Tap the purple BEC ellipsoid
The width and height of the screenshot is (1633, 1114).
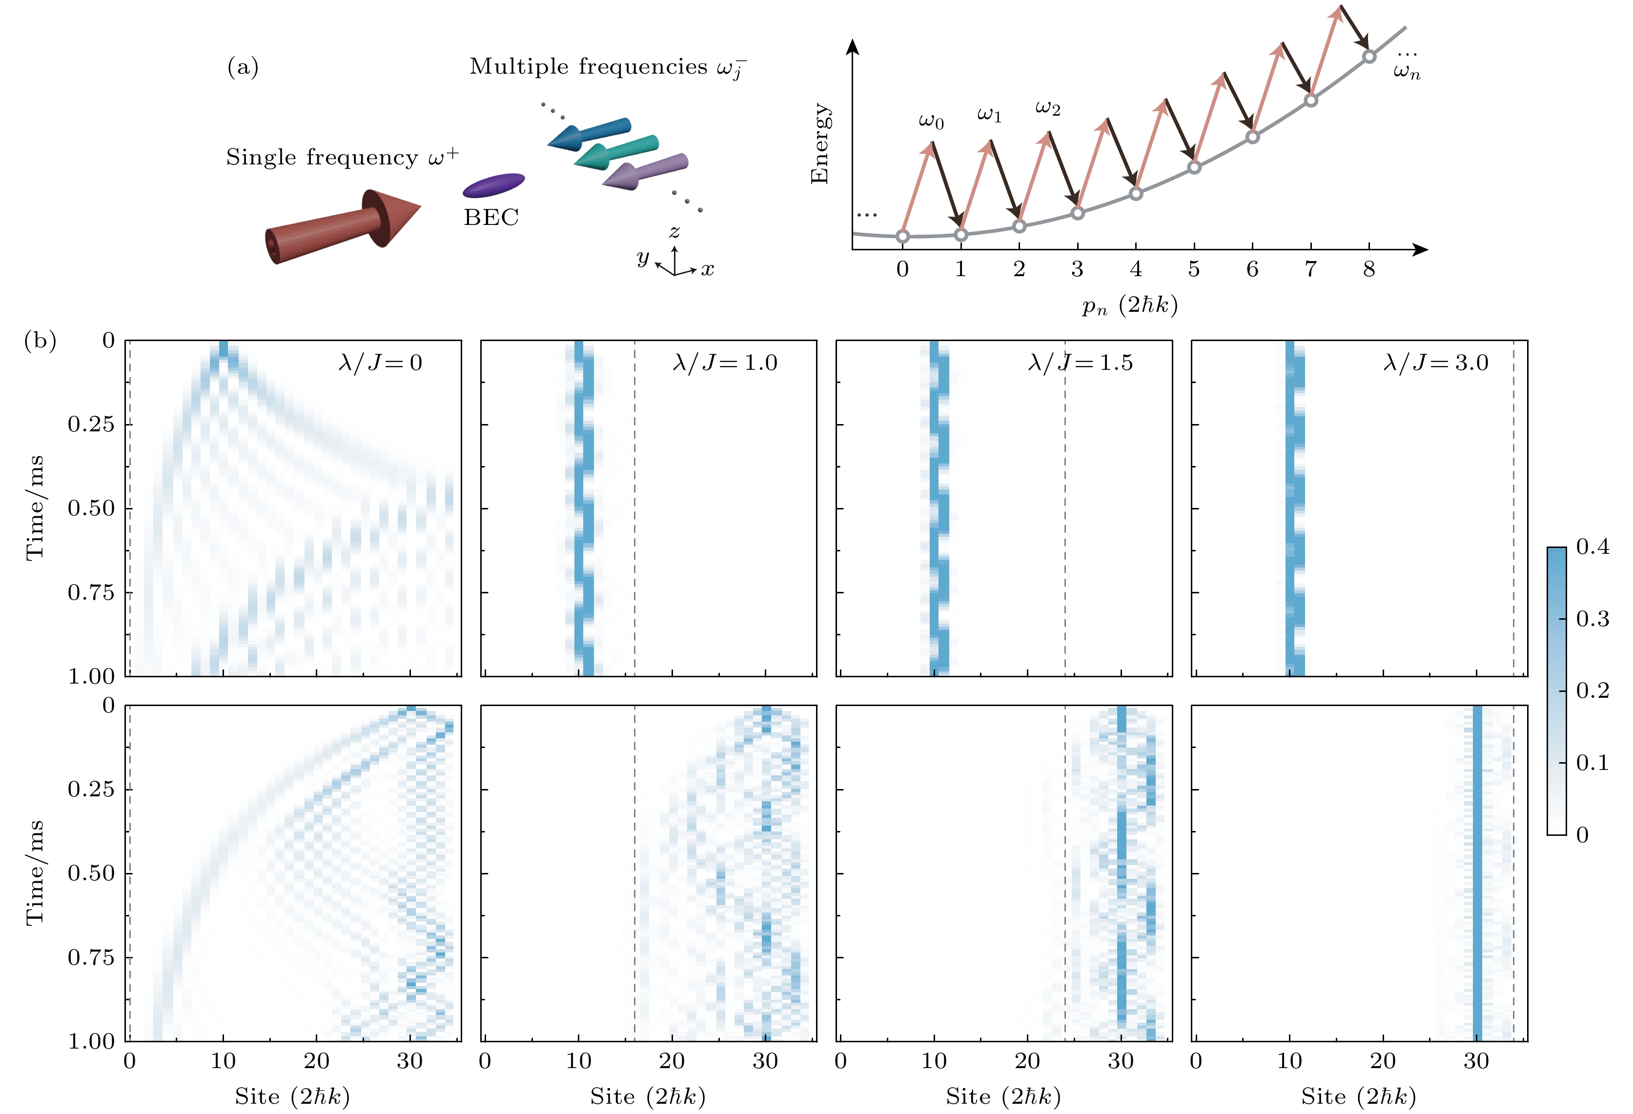[x=493, y=185]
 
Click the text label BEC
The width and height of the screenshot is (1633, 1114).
[x=491, y=218]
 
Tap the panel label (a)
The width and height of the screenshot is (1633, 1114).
[x=243, y=67]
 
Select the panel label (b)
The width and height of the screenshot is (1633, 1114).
[x=40, y=341]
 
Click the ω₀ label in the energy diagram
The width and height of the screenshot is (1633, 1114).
[x=931, y=121]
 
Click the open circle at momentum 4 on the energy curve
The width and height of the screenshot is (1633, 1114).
[x=1136, y=193]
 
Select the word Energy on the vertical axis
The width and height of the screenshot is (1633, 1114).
[x=819, y=144]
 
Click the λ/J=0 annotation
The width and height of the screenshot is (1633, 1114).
[x=380, y=363]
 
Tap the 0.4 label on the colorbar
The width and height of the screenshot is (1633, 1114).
[x=1592, y=547]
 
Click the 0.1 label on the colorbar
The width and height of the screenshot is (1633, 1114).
[x=1592, y=763]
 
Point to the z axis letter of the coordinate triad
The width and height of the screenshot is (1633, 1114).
[x=674, y=232]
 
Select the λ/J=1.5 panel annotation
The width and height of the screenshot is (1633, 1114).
[x=1080, y=363]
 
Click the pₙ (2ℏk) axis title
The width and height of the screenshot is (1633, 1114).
[x=1130, y=305]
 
